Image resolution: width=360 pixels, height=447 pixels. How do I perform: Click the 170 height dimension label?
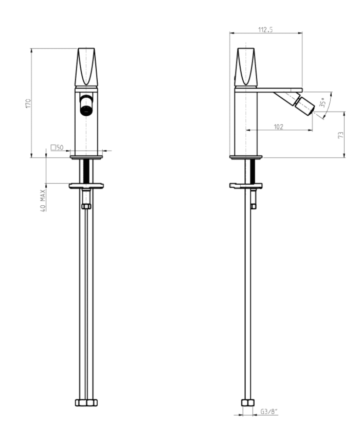pyautogui.click(x=29, y=103)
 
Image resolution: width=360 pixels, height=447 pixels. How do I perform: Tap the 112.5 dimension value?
pyautogui.click(x=265, y=30)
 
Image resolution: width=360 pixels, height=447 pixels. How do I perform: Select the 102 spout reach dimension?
pyautogui.click(x=279, y=127)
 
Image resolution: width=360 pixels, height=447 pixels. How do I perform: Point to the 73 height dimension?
pyautogui.click(x=340, y=135)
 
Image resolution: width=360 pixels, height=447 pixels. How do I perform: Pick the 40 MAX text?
pyautogui.click(x=43, y=200)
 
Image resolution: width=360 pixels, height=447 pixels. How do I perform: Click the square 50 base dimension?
pyautogui.click(x=57, y=148)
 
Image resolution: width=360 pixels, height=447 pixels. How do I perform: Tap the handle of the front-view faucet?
pyautogui.click(x=86, y=67)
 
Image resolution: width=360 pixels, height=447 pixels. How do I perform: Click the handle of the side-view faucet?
pyautogui.click(x=245, y=67)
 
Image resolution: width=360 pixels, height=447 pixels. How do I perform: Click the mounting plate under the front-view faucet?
pyautogui.click(x=86, y=185)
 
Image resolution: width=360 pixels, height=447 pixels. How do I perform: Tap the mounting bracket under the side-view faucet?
pyautogui.click(x=245, y=185)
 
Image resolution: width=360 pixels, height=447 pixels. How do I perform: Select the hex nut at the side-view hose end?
pyautogui.click(x=247, y=402)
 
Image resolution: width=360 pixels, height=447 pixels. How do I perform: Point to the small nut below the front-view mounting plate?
pyautogui.click(x=86, y=206)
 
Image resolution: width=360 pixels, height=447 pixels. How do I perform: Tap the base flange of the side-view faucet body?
pyautogui.click(x=246, y=157)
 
